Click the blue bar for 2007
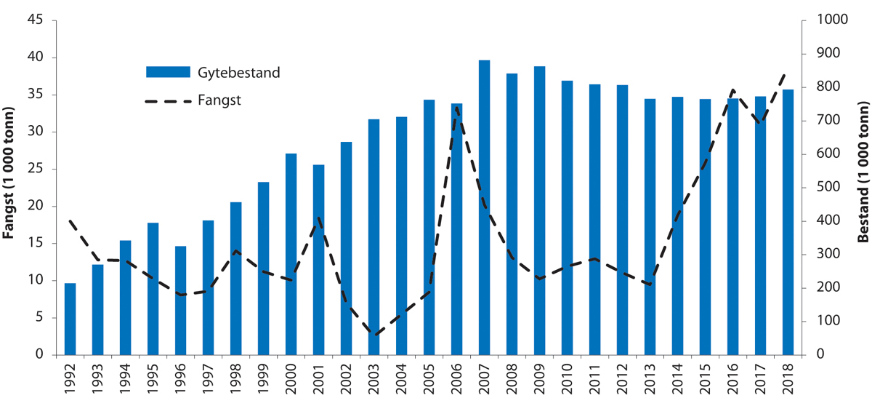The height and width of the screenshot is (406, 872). [484, 207]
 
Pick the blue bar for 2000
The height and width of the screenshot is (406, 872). [291, 254]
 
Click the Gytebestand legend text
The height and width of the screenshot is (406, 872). [238, 72]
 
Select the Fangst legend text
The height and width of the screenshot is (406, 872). [219, 100]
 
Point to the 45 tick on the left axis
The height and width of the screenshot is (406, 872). [43, 20]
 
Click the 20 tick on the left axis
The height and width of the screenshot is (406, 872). [43, 206]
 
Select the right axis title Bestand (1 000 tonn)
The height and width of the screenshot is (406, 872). [863, 188]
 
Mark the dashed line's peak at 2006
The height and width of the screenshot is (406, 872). [456, 108]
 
